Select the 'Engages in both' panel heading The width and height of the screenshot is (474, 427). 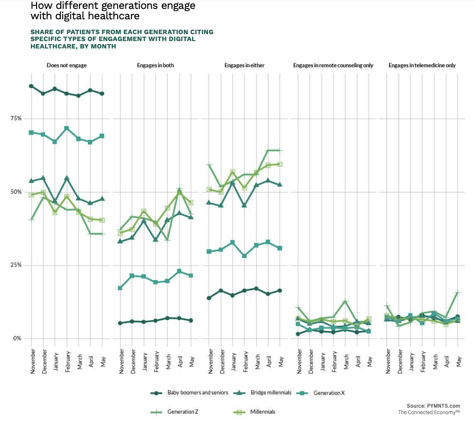[x=155, y=65]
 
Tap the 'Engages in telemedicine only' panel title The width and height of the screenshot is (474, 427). [x=422, y=65]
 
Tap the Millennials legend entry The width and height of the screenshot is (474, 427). [x=263, y=412]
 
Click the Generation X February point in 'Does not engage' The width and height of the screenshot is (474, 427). [x=66, y=129]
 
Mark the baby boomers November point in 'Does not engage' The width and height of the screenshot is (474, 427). [x=31, y=86]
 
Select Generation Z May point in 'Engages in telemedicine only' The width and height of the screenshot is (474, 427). [x=458, y=293]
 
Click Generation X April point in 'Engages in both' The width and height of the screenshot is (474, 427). [x=179, y=271]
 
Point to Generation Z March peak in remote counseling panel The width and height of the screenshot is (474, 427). [x=345, y=301]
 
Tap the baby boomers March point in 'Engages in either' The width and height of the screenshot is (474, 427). [x=256, y=288]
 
